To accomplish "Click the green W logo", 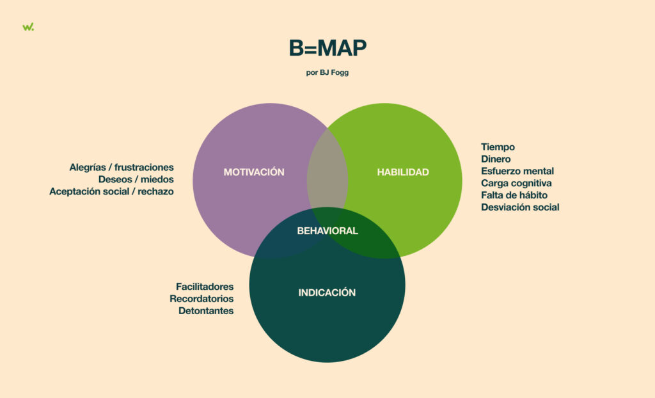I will click(x=28, y=27).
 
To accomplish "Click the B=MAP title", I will click(x=327, y=49).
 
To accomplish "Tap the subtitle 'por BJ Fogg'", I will click(x=327, y=72).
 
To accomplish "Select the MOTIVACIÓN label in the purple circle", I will click(x=254, y=172).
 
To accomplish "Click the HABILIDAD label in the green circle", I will click(x=403, y=172).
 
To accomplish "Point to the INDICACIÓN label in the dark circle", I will click(x=327, y=292).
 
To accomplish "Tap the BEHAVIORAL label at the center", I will click(x=327, y=231).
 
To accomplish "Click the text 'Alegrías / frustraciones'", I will click(x=122, y=167).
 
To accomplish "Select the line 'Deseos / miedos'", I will click(x=136, y=179).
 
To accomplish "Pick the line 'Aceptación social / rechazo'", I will click(x=111, y=191).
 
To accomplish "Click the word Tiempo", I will click(x=498, y=147).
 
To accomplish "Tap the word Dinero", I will click(x=496, y=159).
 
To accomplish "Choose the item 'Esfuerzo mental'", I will click(x=517, y=171).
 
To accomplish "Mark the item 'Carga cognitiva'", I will click(x=516, y=183).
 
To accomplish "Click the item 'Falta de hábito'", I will click(x=514, y=195).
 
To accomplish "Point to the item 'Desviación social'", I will click(x=520, y=207).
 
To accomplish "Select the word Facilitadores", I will click(x=205, y=287).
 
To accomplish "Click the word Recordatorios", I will click(x=201, y=299).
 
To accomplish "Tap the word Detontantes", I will click(x=206, y=310).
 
